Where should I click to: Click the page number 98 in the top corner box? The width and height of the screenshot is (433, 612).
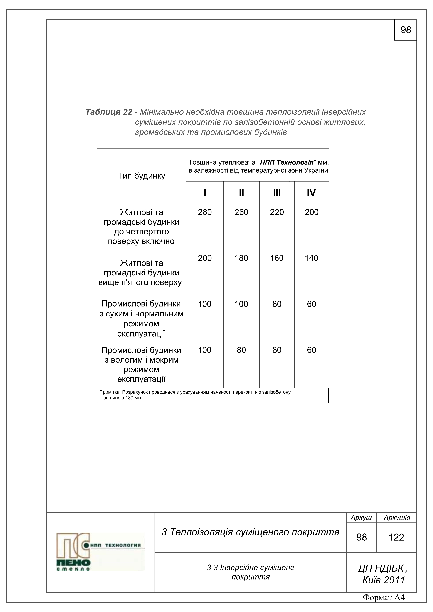[406, 30]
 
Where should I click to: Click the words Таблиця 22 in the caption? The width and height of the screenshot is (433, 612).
[109, 112]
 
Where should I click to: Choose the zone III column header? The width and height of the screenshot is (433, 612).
[277, 193]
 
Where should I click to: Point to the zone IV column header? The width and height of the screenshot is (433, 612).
[311, 193]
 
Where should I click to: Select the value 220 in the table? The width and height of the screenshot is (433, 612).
[277, 212]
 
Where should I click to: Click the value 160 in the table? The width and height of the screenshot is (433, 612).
[277, 258]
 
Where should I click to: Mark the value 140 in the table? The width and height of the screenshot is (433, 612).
[311, 258]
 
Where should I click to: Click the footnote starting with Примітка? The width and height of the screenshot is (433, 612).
[195, 395]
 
